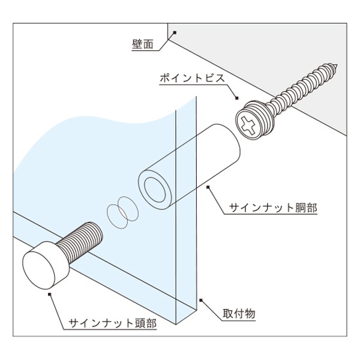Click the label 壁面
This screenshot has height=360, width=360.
(142, 44)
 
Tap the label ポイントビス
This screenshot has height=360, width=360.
(193, 78)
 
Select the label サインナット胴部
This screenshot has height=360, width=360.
(273, 208)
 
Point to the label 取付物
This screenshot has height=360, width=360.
(239, 313)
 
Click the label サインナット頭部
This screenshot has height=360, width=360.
(113, 323)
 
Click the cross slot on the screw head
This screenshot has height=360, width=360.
(248, 126)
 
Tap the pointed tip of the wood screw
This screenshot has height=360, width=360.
(337, 65)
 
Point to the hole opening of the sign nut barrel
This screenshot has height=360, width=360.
(155, 190)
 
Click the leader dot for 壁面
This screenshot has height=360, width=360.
(175, 32)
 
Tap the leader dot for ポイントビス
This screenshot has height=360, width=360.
(237, 98)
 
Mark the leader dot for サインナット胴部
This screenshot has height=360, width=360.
(208, 187)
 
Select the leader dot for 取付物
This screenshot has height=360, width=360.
(201, 300)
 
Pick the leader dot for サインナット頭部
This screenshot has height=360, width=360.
(49, 294)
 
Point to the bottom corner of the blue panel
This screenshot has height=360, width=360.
(176, 325)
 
